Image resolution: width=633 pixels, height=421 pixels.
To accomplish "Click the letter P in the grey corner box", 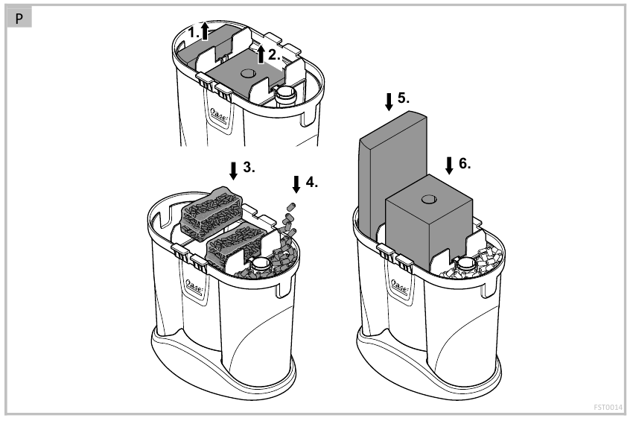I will pyautogui.click(x=18, y=18).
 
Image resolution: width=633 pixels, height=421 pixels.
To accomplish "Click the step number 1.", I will pyautogui.click(x=194, y=33).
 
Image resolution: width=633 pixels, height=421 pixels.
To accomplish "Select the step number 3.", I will pyautogui.click(x=249, y=168).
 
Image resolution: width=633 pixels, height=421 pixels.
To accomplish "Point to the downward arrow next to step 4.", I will pyautogui.click(x=297, y=183).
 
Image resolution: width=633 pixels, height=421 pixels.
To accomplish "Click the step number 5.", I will pyautogui.click(x=404, y=98).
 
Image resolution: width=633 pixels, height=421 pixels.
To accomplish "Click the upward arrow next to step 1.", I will pyautogui.click(x=207, y=31).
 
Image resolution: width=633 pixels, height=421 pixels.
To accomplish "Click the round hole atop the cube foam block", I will pyautogui.click(x=427, y=198).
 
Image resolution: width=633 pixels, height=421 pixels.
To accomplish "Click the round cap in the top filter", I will pyautogui.click(x=284, y=94).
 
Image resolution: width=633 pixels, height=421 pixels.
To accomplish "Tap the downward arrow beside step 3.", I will pyautogui.click(x=234, y=170).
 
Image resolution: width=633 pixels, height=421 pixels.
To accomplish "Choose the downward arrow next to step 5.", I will pyautogui.click(x=389, y=101).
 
